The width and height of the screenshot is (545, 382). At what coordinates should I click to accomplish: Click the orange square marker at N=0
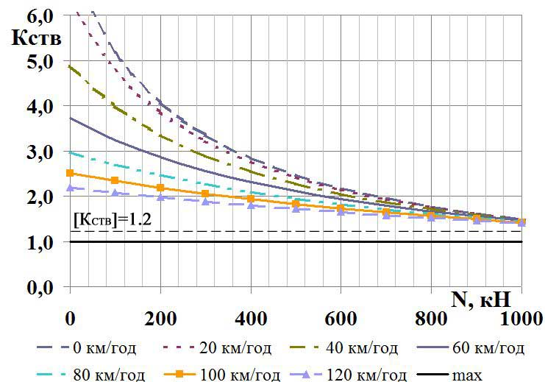click(x=71, y=173)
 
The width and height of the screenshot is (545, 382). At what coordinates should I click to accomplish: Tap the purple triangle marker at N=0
click(x=71, y=188)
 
